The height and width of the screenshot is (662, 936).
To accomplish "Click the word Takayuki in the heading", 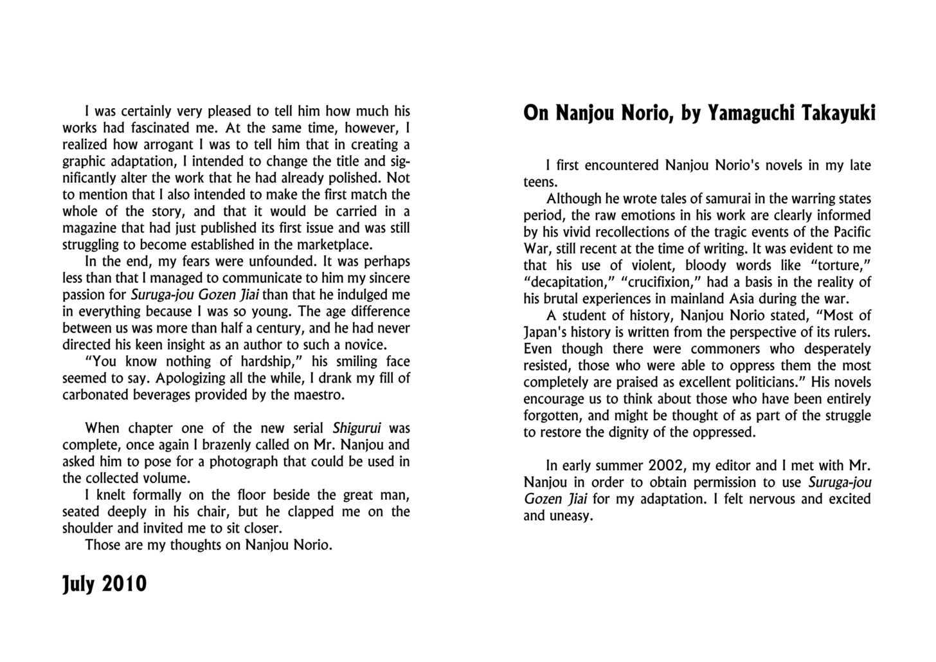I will [838, 113].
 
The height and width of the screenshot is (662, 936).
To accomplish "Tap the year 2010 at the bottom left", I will [124, 584].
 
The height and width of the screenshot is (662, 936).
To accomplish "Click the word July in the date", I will [78, 584].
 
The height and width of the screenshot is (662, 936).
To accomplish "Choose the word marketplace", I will [334, 244].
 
